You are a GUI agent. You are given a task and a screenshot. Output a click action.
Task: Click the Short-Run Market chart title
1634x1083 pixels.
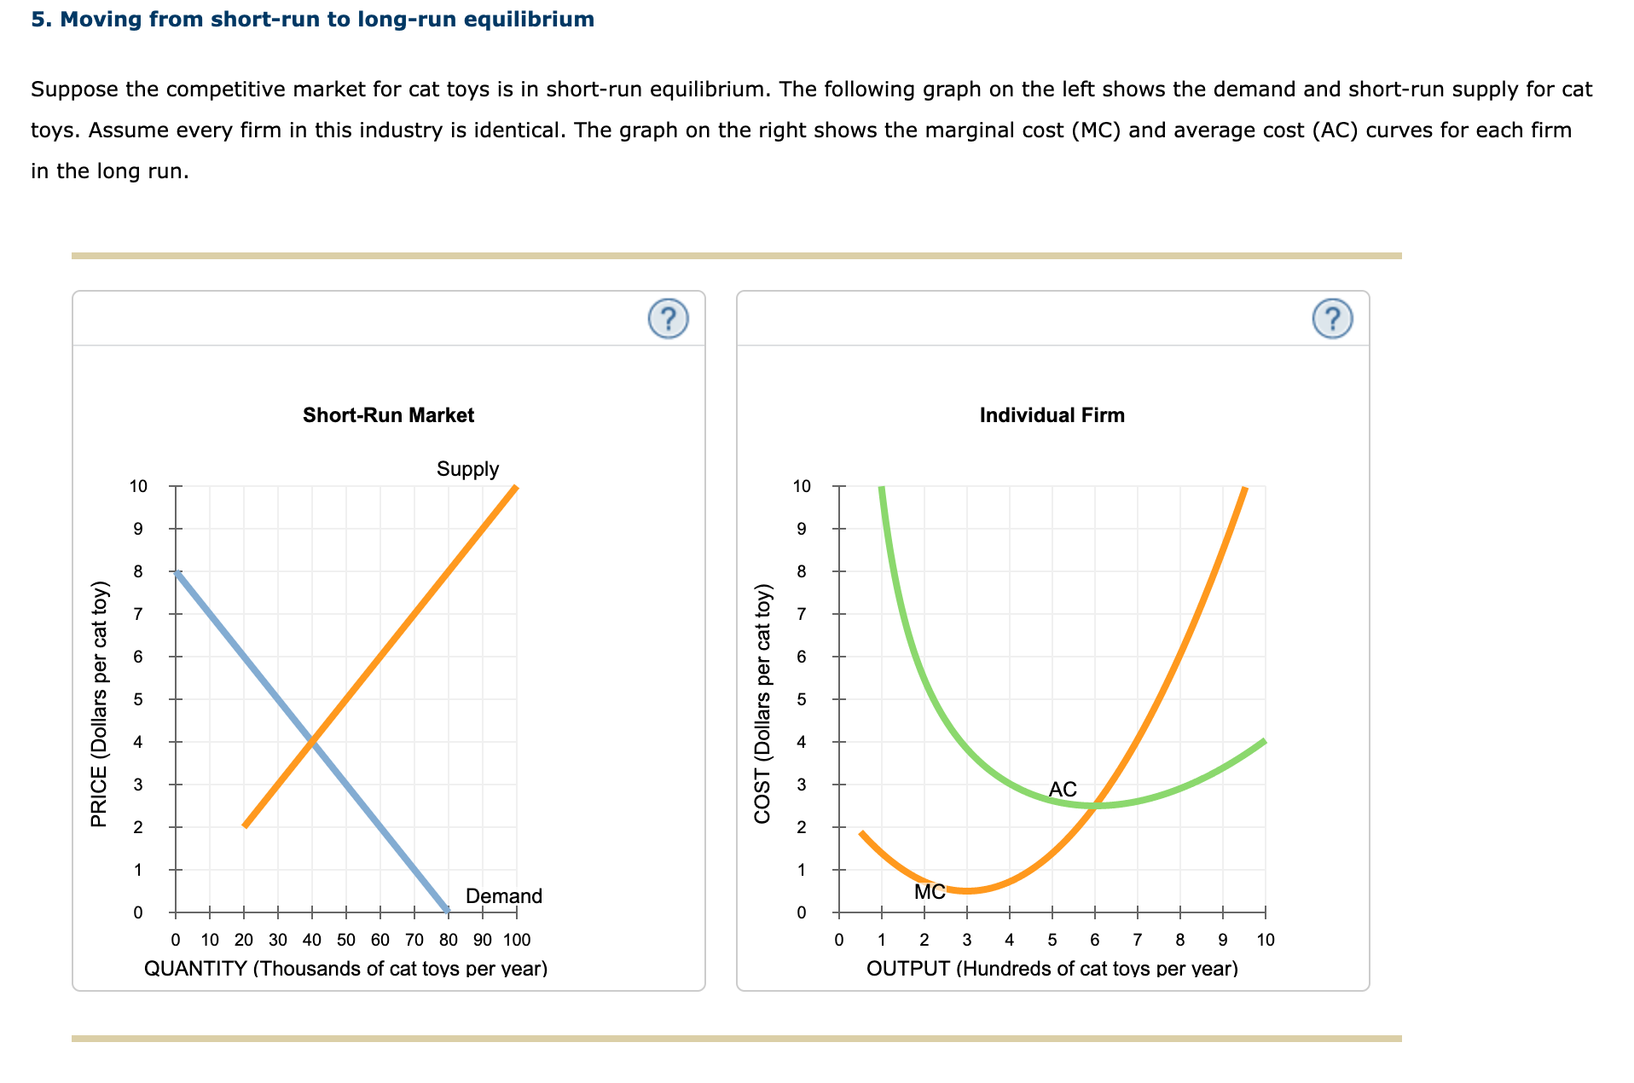388,415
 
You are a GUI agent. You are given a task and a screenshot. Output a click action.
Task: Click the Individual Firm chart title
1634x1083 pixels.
1052,415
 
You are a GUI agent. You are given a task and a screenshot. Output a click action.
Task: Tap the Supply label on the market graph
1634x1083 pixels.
467,469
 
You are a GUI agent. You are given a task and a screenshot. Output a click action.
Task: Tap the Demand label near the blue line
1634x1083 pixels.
503,896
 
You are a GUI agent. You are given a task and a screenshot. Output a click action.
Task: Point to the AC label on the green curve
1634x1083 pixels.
1063,790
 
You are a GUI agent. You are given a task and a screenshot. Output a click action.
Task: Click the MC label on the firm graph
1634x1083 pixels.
930,892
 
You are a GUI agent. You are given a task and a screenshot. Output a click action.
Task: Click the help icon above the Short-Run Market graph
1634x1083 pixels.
668,319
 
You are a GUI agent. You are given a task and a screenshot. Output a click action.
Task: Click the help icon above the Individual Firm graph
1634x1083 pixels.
1332,319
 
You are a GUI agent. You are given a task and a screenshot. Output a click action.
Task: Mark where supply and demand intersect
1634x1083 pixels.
312,742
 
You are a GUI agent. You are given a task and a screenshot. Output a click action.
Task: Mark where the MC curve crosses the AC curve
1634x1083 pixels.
1095,806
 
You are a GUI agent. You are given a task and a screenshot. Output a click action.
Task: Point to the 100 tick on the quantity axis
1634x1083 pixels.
517,940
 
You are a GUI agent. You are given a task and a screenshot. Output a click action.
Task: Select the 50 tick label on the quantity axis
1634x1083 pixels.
346,940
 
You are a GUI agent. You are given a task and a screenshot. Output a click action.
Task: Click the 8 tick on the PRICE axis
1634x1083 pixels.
138,571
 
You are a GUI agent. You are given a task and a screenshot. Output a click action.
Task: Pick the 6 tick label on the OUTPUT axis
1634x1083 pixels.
1095,940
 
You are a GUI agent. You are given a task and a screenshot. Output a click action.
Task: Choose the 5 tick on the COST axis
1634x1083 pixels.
802,699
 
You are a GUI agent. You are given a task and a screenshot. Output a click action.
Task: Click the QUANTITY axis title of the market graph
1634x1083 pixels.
345,969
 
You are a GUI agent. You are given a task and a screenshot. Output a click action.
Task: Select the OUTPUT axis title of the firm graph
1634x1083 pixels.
1052,969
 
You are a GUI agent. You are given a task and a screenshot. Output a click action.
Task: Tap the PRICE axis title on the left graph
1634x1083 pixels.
100,704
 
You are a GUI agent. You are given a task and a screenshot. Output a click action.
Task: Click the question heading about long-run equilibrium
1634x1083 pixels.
312,19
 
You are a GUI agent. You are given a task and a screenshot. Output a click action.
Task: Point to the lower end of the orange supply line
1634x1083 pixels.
246,825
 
